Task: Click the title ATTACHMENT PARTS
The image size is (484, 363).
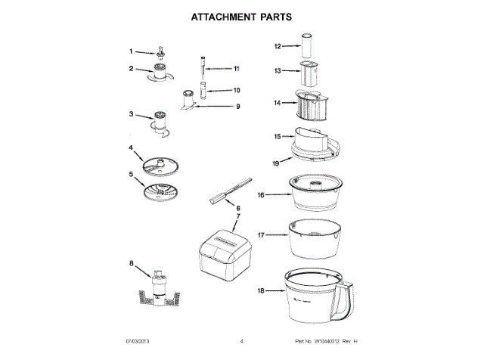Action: (241, 16)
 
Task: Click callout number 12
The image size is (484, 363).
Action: (278, 46)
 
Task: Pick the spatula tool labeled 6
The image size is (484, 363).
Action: (228, 191)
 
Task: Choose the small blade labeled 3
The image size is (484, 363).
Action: (160, 121)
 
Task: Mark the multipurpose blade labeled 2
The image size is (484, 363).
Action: (160, 73)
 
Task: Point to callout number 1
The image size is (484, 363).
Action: (130, 51)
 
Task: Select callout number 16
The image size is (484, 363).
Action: (261, 194)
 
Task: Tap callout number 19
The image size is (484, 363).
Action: (277, 162)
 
